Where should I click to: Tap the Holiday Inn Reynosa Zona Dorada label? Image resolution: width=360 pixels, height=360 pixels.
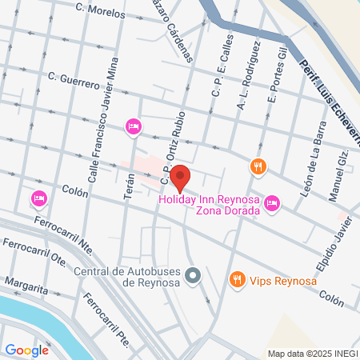(x=210, y=205)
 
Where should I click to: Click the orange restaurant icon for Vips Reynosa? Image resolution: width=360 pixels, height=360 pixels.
(x=236, y=279)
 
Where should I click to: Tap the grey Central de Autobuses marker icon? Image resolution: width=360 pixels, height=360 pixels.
(x=192, y=276)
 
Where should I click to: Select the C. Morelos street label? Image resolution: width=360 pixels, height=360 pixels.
(x=100, y=11)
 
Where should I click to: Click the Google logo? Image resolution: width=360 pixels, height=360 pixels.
(x=26, y=350)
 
